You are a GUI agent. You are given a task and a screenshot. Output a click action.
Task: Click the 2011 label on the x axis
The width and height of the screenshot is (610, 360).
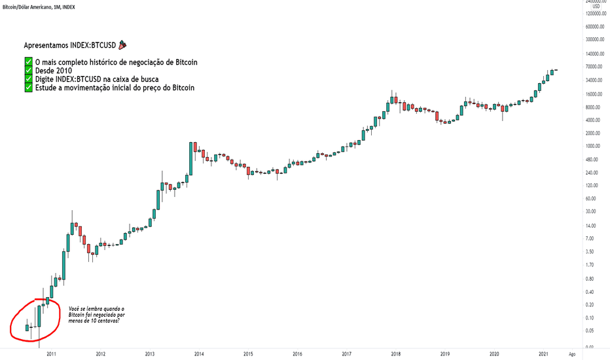[51, 353]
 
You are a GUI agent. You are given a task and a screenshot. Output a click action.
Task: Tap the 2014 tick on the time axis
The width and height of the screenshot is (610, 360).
[198, 353]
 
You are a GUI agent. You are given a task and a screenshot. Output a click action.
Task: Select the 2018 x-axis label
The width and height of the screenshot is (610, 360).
[395, 353]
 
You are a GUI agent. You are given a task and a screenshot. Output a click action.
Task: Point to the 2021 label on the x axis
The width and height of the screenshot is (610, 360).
[543, 353]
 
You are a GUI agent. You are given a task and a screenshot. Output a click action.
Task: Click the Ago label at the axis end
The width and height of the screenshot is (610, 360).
[571, 353]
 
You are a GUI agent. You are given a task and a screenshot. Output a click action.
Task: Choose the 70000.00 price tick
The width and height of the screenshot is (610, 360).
[594, 67]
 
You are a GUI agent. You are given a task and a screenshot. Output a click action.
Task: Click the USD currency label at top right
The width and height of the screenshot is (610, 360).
[596, 6]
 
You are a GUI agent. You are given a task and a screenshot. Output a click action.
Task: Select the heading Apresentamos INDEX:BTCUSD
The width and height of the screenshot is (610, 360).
[69, 46]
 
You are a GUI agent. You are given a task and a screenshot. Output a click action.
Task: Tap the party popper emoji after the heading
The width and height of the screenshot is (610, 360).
[122, 45]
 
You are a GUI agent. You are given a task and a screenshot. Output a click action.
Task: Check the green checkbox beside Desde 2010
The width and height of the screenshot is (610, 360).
[28, 71]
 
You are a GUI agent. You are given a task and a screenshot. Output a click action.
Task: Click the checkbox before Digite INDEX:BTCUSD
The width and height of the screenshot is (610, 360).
[28, 79]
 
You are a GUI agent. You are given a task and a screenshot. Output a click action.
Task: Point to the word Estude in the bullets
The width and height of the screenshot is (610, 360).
[47, 88]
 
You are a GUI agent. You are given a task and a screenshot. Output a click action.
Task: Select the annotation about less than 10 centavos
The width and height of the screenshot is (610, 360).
[96, 314]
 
